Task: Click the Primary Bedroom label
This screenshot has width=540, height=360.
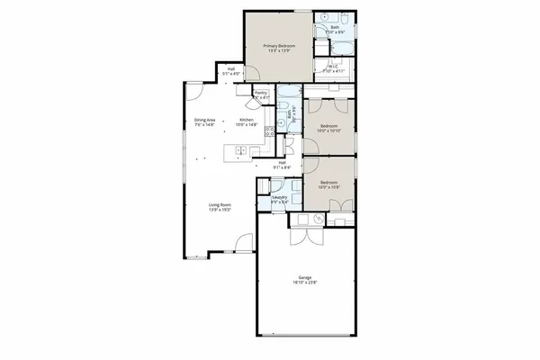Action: [279, 45]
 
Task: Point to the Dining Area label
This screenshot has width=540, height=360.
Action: [204, 120]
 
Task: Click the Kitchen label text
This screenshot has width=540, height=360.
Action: [247, 120]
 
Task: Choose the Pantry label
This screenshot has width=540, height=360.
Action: [261, 92]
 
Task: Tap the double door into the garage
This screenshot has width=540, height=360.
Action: [303, 238]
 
